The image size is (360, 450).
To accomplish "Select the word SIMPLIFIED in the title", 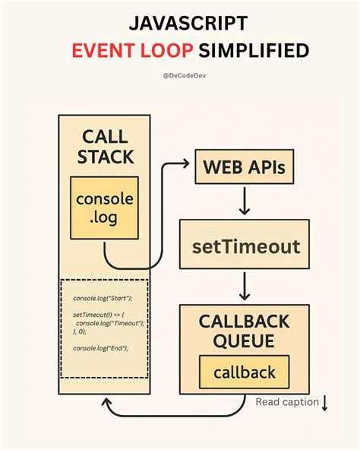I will (x=254, y=50).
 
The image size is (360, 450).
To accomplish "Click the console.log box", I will (x=104, y=209).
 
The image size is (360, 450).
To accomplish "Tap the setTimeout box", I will (x=245, y=246).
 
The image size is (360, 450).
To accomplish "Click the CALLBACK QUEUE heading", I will (x=245, y=331).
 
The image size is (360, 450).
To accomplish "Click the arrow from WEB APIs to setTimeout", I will (x=244, y=201).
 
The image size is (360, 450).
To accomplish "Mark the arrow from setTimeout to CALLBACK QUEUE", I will (x=244, y=286).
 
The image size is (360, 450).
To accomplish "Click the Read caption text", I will (x=286, y=402).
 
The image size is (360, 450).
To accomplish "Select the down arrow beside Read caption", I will (x=325, y=402).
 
